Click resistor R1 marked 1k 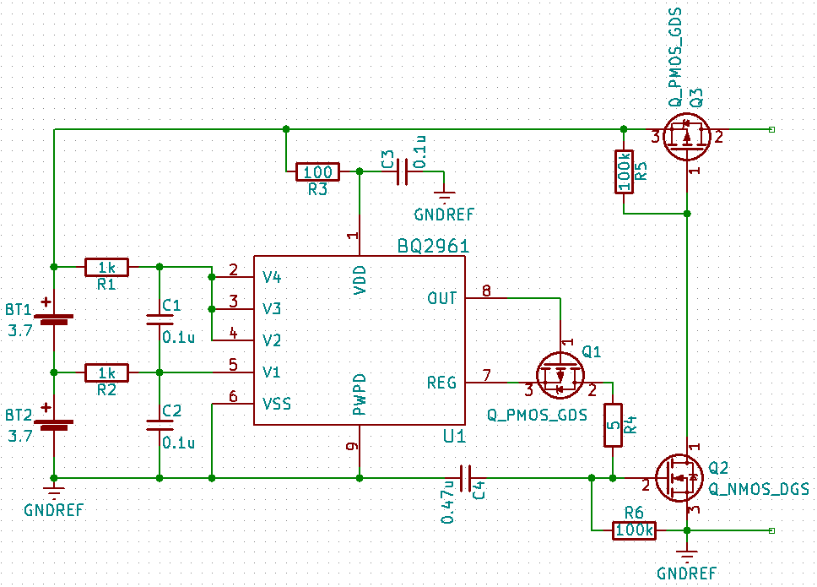pos(106,267)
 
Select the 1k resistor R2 pos(106,372)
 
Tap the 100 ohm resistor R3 pos(317,172)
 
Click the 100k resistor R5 pos(624,171)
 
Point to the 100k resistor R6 pos(634,530)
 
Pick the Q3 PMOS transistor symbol pos(685,138)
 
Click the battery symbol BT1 pos(54,319)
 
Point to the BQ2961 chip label pos(433,246)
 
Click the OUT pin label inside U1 pos(441,298)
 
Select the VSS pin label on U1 pos(277,403)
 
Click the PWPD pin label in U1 pos(360,394)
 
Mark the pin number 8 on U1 pos(486,291)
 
